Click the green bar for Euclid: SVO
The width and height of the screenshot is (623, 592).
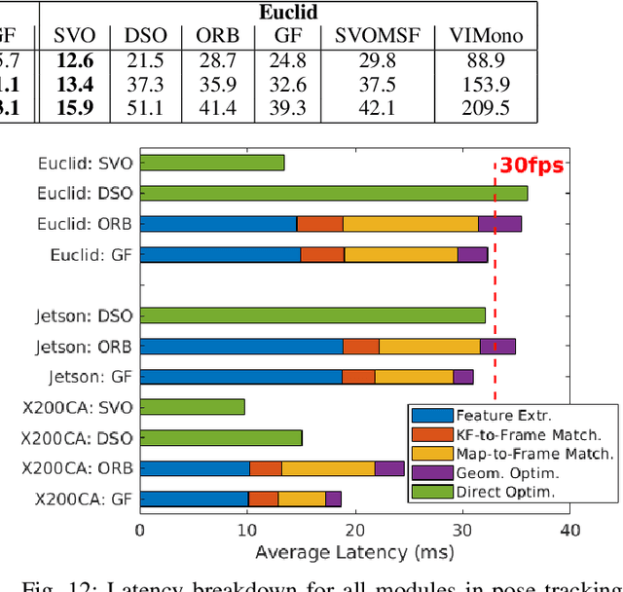[x=212, y=163]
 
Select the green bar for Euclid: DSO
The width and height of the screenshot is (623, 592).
[x=333, y=193]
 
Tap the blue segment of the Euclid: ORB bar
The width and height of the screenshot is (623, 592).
[x=218, y=224]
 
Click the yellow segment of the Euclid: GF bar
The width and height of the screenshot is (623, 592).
[x=400, y=254]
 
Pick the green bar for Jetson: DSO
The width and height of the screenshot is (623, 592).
[x=312, y=315]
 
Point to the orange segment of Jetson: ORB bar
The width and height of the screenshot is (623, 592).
[x=361, y=346]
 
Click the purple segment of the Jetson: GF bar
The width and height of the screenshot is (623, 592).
[x=463, y=376]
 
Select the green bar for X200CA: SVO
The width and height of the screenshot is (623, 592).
[x=193, y=407]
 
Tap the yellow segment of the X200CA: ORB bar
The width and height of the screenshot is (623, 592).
[x=328, y=468]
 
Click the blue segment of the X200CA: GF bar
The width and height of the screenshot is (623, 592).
[x=194, y=499]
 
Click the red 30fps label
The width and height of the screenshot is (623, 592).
[x=531, y=165]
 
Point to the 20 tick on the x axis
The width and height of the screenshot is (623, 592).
[x=354, y=531]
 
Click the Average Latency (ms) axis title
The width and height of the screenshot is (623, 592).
[x=354, y=553]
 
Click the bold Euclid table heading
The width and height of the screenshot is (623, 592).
[x=287, y=13]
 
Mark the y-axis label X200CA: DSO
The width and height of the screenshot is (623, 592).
[x=84, y=438]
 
